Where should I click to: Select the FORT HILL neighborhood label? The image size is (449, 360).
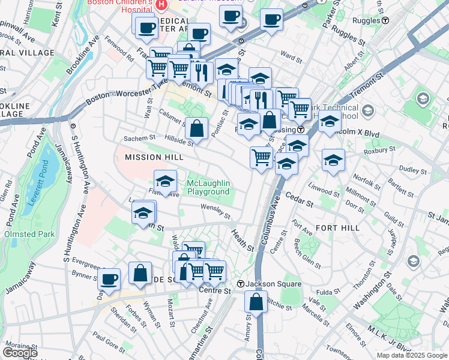(337, 228)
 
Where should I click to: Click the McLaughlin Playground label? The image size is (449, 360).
(209, 187)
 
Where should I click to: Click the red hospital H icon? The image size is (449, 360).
(161, 5)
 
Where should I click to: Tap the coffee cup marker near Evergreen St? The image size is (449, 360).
(109, 278)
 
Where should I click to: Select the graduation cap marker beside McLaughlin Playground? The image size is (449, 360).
(166, 181)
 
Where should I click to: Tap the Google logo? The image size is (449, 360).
(20, 353)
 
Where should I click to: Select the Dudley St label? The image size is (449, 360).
(413, 170)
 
